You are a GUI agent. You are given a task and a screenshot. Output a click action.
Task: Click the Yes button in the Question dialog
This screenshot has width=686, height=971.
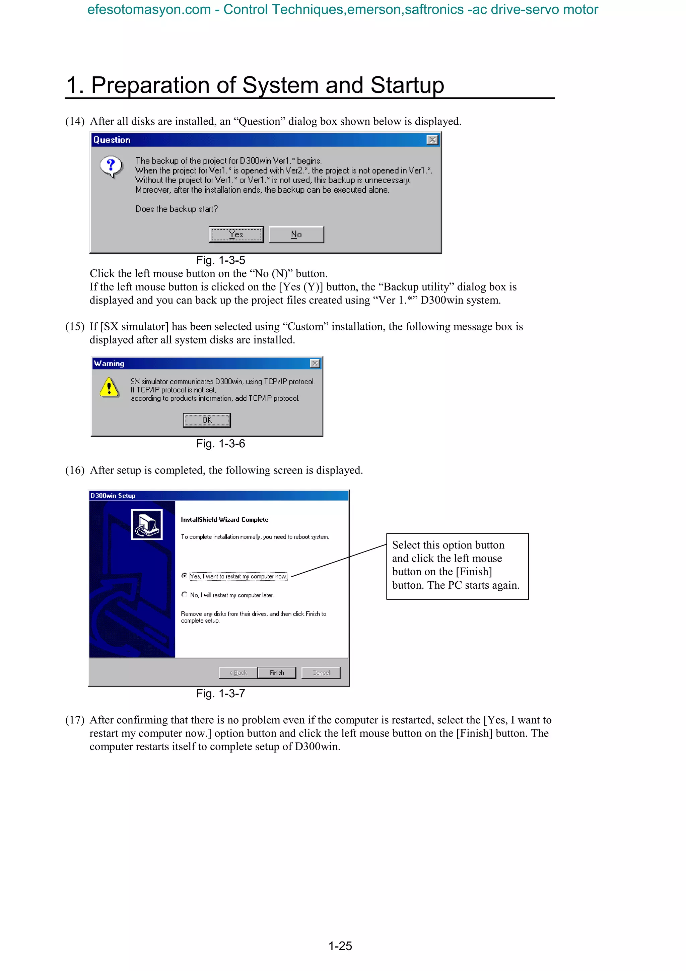236,234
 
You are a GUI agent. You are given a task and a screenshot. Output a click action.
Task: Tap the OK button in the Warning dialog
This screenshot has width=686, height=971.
207,420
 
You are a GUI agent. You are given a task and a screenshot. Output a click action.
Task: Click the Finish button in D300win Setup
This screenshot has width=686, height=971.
277,672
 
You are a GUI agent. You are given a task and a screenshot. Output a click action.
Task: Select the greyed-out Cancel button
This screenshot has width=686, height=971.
321,672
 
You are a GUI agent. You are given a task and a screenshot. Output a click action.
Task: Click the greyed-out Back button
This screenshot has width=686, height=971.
238,672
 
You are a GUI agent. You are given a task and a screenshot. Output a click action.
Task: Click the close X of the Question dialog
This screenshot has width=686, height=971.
432,140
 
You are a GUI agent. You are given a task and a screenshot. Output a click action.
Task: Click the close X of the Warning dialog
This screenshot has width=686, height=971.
315,363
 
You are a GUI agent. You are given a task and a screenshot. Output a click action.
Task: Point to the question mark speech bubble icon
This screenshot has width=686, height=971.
111,166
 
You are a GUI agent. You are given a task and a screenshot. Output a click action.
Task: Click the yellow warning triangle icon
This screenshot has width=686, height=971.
109,387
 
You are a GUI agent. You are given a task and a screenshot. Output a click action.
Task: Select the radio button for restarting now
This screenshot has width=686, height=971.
184,576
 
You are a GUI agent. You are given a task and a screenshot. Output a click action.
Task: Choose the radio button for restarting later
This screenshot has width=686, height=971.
184,594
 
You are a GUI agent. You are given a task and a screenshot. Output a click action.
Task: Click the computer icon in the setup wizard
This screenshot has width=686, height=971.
147,524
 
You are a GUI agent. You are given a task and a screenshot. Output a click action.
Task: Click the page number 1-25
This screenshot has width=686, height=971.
340,946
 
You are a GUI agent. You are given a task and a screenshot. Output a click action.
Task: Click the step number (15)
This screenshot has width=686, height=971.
75,326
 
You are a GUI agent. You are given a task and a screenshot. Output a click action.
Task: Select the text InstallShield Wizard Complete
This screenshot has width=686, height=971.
224,520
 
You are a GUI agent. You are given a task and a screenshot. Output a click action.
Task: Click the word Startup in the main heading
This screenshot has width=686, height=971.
407,85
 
